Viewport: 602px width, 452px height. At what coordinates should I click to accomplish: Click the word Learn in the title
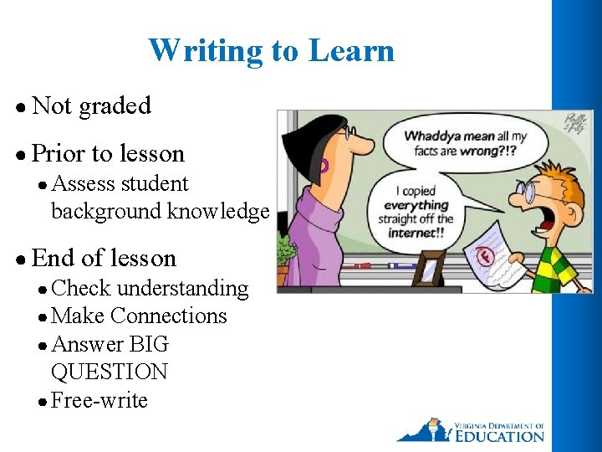pos(351,51)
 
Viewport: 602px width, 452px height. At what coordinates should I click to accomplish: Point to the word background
pos(106,212)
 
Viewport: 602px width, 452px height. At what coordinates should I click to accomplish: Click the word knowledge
pos(220,212)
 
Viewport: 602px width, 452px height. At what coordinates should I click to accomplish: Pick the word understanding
pos(182,289)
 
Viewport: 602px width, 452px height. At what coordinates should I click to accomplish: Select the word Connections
pos(168,316)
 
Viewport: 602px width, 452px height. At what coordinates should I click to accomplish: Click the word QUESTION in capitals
pos(109,372)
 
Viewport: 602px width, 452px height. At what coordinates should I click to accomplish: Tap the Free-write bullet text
pos(99,401)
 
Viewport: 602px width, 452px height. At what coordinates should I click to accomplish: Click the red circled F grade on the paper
pos(486,253)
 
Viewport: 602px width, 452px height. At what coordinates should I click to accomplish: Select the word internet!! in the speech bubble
pos(416,232)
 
